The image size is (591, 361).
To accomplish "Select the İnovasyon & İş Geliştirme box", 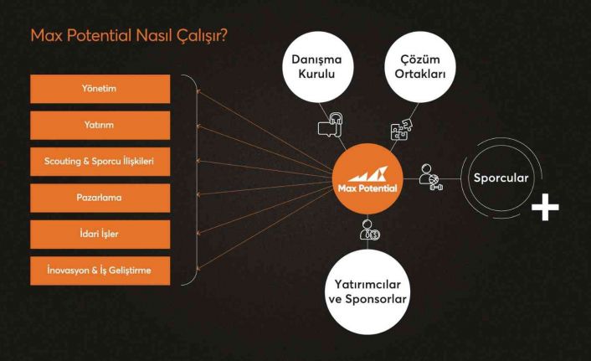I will click(x=100, y=271).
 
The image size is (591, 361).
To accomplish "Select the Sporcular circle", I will click(x=500, y=179).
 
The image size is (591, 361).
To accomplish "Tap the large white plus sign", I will click(x=548, y=208).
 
